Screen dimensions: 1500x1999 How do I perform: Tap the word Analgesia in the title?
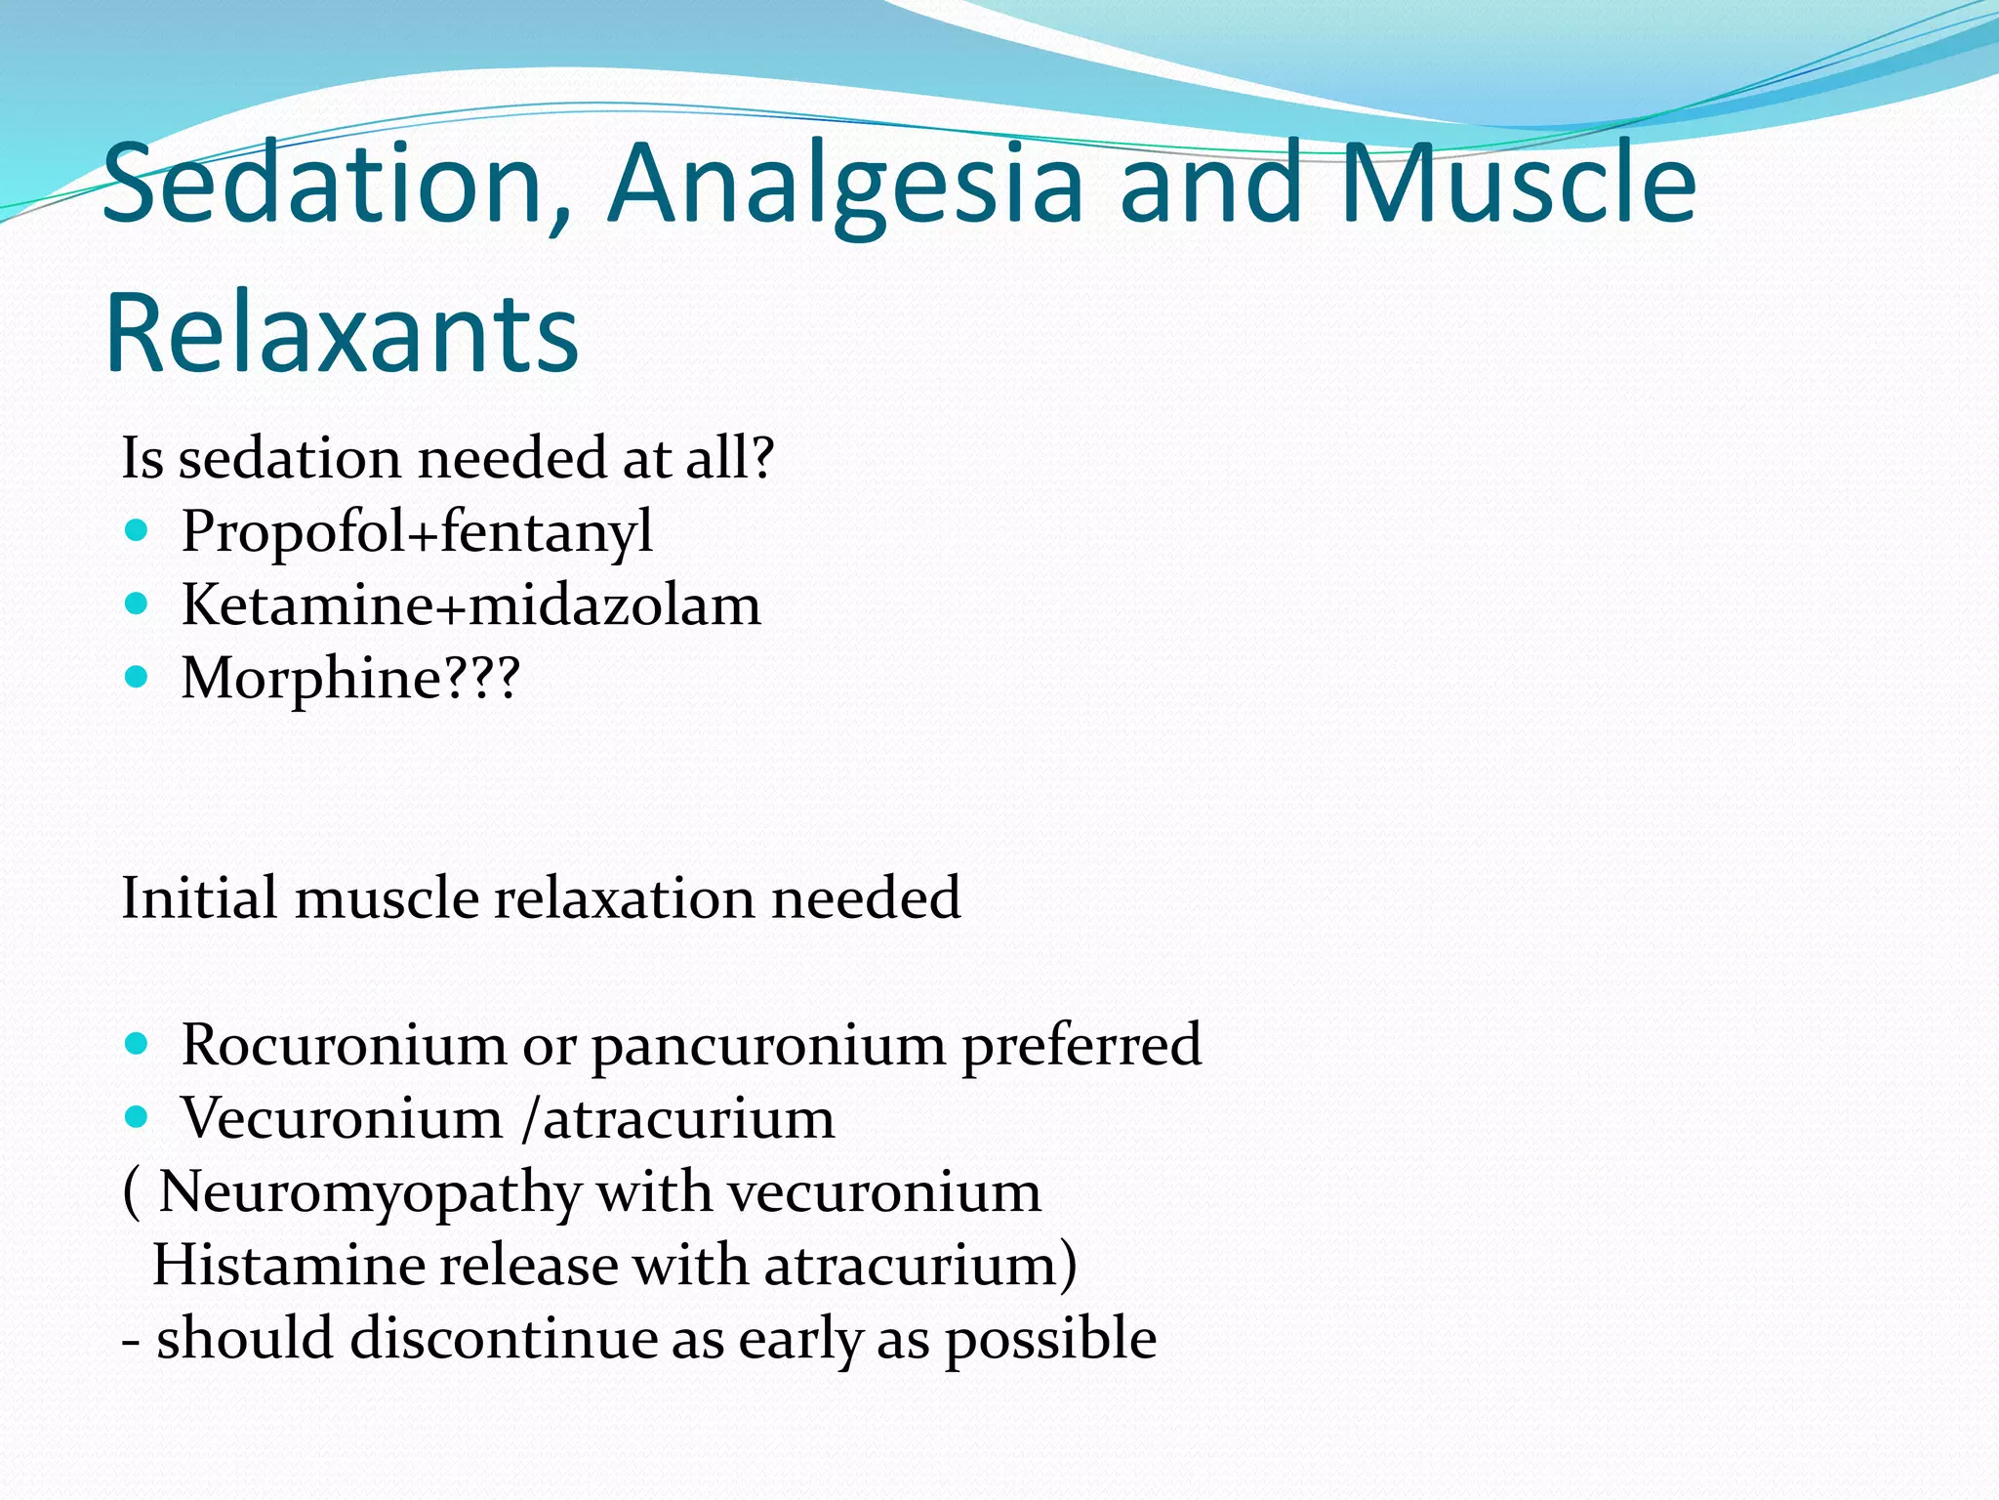coord(845,184)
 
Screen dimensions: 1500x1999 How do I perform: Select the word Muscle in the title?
coord(1519,184)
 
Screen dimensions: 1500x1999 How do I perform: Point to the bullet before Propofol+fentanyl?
coord(137,531)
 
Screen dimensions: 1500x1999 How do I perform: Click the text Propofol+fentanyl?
coord(417,532)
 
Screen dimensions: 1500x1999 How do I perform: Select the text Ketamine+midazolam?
coord(470,605)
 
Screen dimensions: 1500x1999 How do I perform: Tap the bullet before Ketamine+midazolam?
coord(137,604)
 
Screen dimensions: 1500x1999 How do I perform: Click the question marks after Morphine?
coord(482,677)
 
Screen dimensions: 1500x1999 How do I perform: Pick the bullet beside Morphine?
coord(137,677)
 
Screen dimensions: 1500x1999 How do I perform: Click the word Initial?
coord(199,897)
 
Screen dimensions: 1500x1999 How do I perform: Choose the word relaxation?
coord(624,897)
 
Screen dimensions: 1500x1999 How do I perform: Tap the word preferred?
coord(1081,1046)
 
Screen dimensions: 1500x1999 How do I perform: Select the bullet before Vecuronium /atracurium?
coord(137,1116)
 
